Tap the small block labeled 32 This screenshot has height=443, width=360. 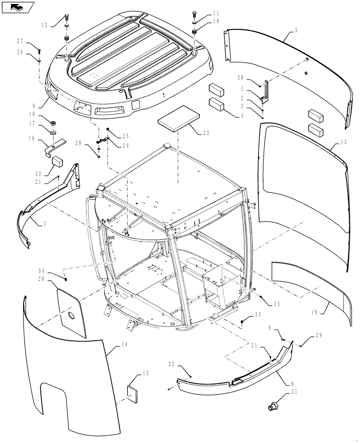click(x=55, y=161)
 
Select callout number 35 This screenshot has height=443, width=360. click(x=277, y=304)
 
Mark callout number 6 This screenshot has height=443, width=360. click(x=291, y=384)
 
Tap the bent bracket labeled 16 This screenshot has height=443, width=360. click(x=51, y=146)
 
